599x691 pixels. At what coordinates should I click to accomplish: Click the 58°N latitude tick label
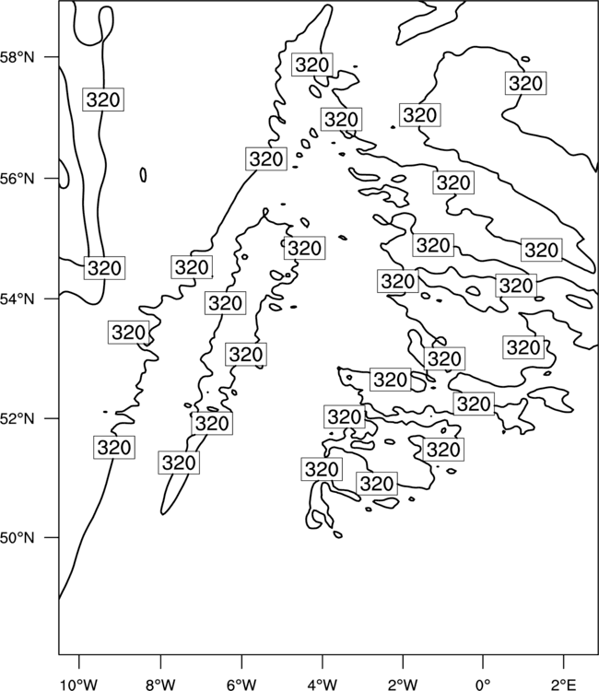[17, 57]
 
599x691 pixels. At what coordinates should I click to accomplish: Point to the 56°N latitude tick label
[17, 179]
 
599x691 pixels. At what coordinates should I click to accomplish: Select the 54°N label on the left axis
[17, 299]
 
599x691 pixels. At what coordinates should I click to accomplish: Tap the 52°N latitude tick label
[17, 418]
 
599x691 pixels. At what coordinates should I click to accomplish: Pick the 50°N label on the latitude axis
[17, 538]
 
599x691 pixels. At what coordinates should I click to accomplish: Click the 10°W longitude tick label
[79, 685]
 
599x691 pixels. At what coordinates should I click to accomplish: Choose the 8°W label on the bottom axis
[160, 685]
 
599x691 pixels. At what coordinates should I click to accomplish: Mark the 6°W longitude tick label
[241, 685]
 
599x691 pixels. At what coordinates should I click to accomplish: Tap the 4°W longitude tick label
[323, 685]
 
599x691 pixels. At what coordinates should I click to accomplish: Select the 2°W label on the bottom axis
[403, 685]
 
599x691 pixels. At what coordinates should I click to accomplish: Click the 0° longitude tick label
[483, 685]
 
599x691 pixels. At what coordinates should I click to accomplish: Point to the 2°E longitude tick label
[564, 685]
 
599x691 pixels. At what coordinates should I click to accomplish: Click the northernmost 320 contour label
[312, 64]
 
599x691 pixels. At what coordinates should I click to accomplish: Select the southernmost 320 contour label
[376, 484]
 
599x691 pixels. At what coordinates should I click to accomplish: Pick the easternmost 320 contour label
[541, 250]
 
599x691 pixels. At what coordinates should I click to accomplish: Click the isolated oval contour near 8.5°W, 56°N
[143, 175]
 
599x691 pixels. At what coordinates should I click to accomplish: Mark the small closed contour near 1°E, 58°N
[525, 59]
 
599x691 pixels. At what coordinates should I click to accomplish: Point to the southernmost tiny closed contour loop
[337, 534]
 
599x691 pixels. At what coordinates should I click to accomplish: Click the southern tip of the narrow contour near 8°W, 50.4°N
[162, 514]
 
